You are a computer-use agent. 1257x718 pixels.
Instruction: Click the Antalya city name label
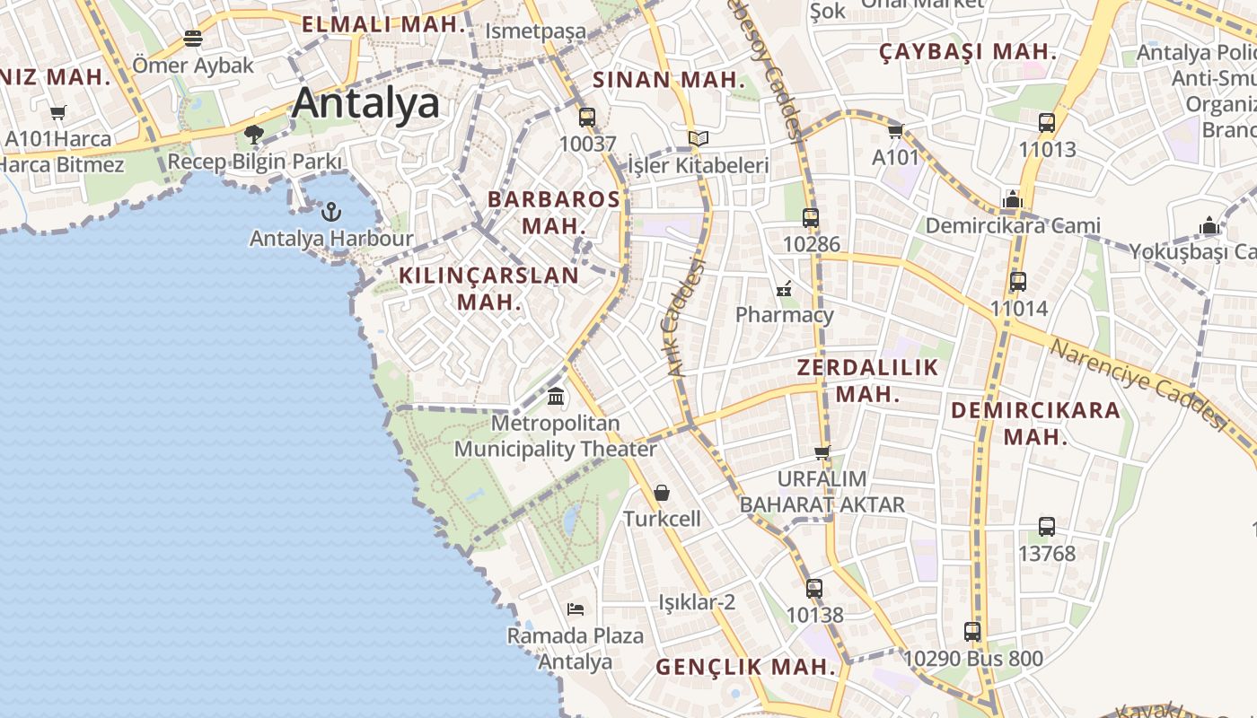click(366, 103)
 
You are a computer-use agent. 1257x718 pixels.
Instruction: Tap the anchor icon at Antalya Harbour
click(331, 213)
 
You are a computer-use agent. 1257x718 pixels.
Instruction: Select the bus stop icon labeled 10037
click(587, 118)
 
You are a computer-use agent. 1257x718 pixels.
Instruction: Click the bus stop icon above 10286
click(811, 217)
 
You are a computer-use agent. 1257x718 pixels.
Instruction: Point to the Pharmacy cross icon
click(784, 289)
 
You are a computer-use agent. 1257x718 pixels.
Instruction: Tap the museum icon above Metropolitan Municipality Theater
click(556, 396)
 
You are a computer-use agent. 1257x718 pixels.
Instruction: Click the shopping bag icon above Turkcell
click(662, 493)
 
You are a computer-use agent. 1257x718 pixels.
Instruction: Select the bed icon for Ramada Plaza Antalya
click(576, 609)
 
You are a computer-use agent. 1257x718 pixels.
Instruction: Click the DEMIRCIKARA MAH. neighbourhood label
click(1035, 424)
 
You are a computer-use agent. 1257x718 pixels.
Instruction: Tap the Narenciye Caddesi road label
click(1138, 384)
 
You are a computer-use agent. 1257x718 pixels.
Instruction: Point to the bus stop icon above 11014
click(1018, 282)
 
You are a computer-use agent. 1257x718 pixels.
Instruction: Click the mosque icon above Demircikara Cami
click(1013, 199)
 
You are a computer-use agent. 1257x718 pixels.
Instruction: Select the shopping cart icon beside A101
click(895, 132)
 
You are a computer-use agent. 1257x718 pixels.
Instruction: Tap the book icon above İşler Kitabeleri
click(699, 139)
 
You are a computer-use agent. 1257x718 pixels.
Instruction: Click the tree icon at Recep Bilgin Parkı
click(254, 135)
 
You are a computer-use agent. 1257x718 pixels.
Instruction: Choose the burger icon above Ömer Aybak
click(193, 39)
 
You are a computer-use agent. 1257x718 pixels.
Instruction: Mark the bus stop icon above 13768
click(1047, 527)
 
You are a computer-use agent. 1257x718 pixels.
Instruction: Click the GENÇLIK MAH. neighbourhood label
click(745, 668)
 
